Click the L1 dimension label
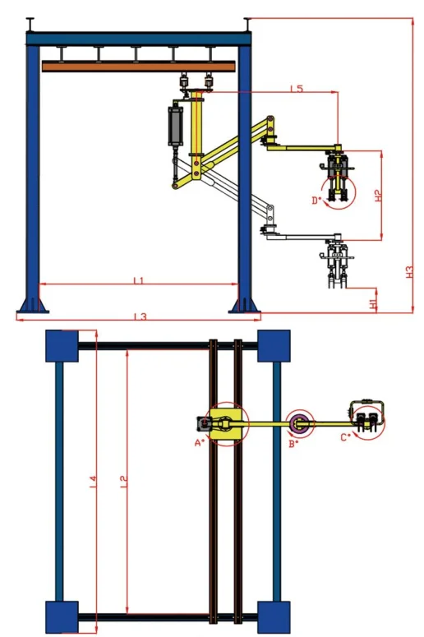[139, 281]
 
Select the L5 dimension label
[297, 88]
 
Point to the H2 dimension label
[377, 196]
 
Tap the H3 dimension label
[408, 271]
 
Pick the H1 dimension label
[374, 303]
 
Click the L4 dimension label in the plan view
[93, 478]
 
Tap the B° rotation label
[293, 443]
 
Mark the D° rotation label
[316, 199]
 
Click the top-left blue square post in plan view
[60, 345]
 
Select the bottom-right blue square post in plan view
[274, 616]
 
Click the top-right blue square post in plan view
[274, 345]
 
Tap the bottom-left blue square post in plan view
[60, 616]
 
